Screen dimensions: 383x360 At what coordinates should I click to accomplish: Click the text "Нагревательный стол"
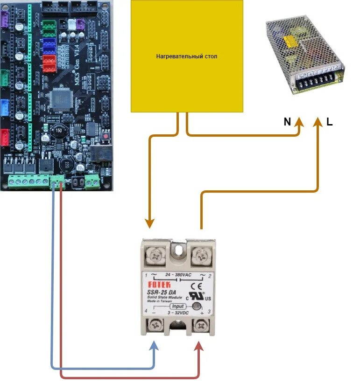coord(187,56)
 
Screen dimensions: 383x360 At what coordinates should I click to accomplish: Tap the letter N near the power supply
coord(287,122)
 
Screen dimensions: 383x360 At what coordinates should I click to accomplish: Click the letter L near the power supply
coord(330,122)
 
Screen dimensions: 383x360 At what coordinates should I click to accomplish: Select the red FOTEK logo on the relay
coord(159,284)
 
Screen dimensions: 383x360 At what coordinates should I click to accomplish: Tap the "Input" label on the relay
coord(177,306)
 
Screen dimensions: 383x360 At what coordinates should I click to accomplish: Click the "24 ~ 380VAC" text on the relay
coord(179,275)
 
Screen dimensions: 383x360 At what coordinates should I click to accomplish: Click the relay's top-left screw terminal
coord(156,255)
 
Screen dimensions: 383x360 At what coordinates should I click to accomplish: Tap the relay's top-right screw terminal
coord(201,255)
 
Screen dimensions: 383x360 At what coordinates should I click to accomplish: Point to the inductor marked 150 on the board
coord(60,129)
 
